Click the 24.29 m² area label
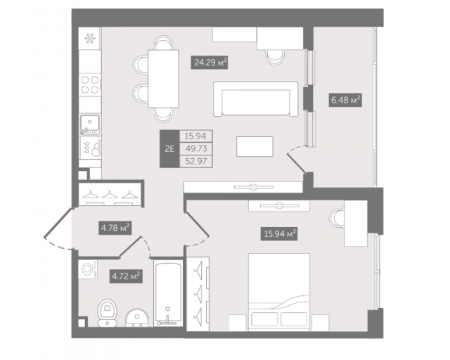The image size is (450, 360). pyautogui.click(x=210, y=63)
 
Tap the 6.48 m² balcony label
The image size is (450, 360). pyautogui.click(x=345, y=100)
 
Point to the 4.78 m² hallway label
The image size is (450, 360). pyautogui.click(x=115, y=228)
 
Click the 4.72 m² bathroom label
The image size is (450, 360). pyautogui.click(x=126, y=276)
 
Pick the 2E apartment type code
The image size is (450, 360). pyautogui.click(x=169, y=148)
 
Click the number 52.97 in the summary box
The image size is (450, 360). pyautogui.click(x=196, y=161)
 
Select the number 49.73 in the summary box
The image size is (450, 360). pyautogui.click(x=196, y=148)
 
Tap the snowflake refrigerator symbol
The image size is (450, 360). pyautogui.click(x=90, y=38)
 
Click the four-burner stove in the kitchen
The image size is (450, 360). pyautogui.click(x=90, y=84)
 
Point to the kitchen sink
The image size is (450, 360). pyautogui.click(x=90, y=124)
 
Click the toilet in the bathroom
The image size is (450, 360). pyautogui.click(x=107, y=313)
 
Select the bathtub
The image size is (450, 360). pyautogui.click(x=168, y=292)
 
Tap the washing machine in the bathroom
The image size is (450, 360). pyautogui.click(x=88, y=269)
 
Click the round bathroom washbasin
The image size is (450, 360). pyautogui.click(x=137, y=318)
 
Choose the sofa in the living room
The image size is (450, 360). pyautogui.click(x=255, y=98)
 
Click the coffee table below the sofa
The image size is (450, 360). pyautogui.click(x=255, y=146)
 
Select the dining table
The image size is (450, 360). pyautogui.click(x=163, y=79)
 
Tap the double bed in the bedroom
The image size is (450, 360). pyautogui.click(x=279, y=292)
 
